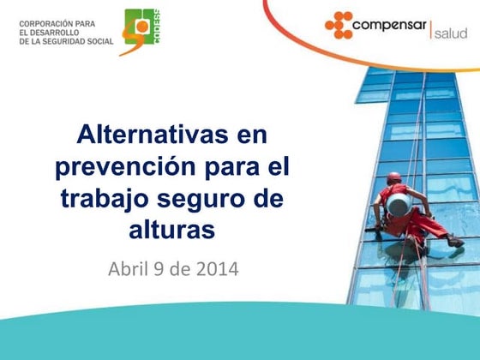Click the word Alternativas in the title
[x=153, y=134]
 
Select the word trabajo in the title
[x=105, y=199]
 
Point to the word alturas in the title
[x=172, y=230]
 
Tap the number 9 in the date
[x=159, y=269]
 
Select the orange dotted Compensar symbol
[x=339, y=25]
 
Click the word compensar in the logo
[x=389, y=26]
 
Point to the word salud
[x=451, y=33]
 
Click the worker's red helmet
[x=394, y=177]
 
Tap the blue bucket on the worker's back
[x=399, y=205]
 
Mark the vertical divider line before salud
[x=430, y=30]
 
